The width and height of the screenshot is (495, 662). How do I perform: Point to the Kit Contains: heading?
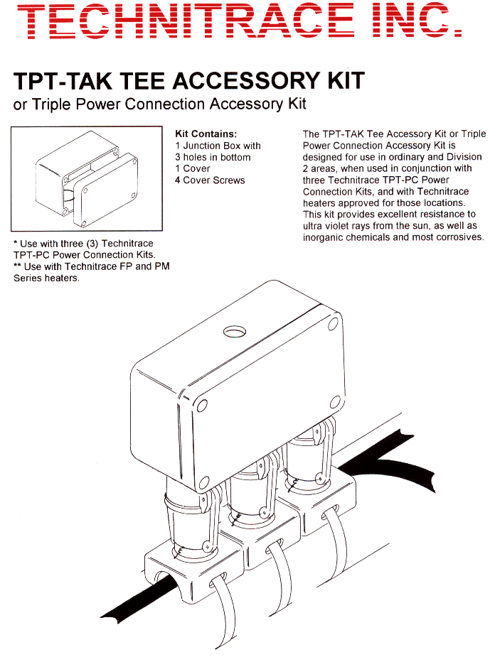coord(206,134)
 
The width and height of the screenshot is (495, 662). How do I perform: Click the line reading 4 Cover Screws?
coord(210,180)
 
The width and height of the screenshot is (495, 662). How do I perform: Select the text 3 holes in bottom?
coord(213,157)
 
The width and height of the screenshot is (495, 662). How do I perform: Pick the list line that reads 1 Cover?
coord(193,168)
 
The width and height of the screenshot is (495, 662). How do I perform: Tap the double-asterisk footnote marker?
coord(17,266)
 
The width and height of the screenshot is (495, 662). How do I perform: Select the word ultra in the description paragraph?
coord(314,225)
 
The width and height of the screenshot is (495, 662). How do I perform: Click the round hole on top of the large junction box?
coord(233,331)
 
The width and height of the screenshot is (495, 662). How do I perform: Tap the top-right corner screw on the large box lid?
coord(334,324)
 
